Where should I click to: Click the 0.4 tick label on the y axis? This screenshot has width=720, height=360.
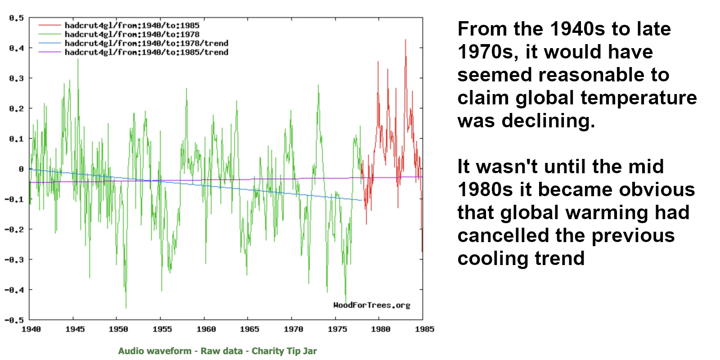click(x=16, y=48)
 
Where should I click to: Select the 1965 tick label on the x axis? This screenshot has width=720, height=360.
click(x=249, y=329)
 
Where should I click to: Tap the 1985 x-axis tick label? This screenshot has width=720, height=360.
click(x=424, y=329)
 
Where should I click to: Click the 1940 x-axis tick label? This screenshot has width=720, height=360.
click(x=31, y=329)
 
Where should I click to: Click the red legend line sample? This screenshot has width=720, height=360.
click(x=49, y=26)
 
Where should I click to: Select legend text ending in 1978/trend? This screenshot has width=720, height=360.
click(x=146, y=43)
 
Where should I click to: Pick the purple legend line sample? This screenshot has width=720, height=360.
click(x=49, y=52)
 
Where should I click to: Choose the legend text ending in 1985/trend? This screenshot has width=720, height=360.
click(x=146, y=52)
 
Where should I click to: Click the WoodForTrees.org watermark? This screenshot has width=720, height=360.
click(x=372, y=305)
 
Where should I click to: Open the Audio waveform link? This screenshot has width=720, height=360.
click(x=155, y=351)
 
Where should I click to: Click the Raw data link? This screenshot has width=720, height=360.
click(x=221, y=351)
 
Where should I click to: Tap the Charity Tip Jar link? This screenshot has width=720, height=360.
click(x=284, y=351)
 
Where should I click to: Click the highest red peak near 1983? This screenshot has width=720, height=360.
click(x=405, y=40)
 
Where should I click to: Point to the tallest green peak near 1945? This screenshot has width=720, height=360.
click(x=78, y=59)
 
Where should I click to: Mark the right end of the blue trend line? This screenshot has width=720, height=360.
click(x=362, y=200)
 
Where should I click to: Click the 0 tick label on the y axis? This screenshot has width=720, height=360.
click(x=21, y=169)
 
